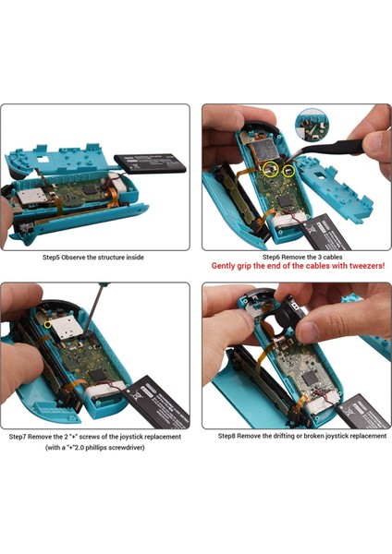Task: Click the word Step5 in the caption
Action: pos(52,258)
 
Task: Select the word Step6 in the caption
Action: pos(273,257)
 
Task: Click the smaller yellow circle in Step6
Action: pos(288,170)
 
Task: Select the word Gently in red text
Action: pos(227,266)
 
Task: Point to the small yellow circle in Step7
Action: pos(48,323)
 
